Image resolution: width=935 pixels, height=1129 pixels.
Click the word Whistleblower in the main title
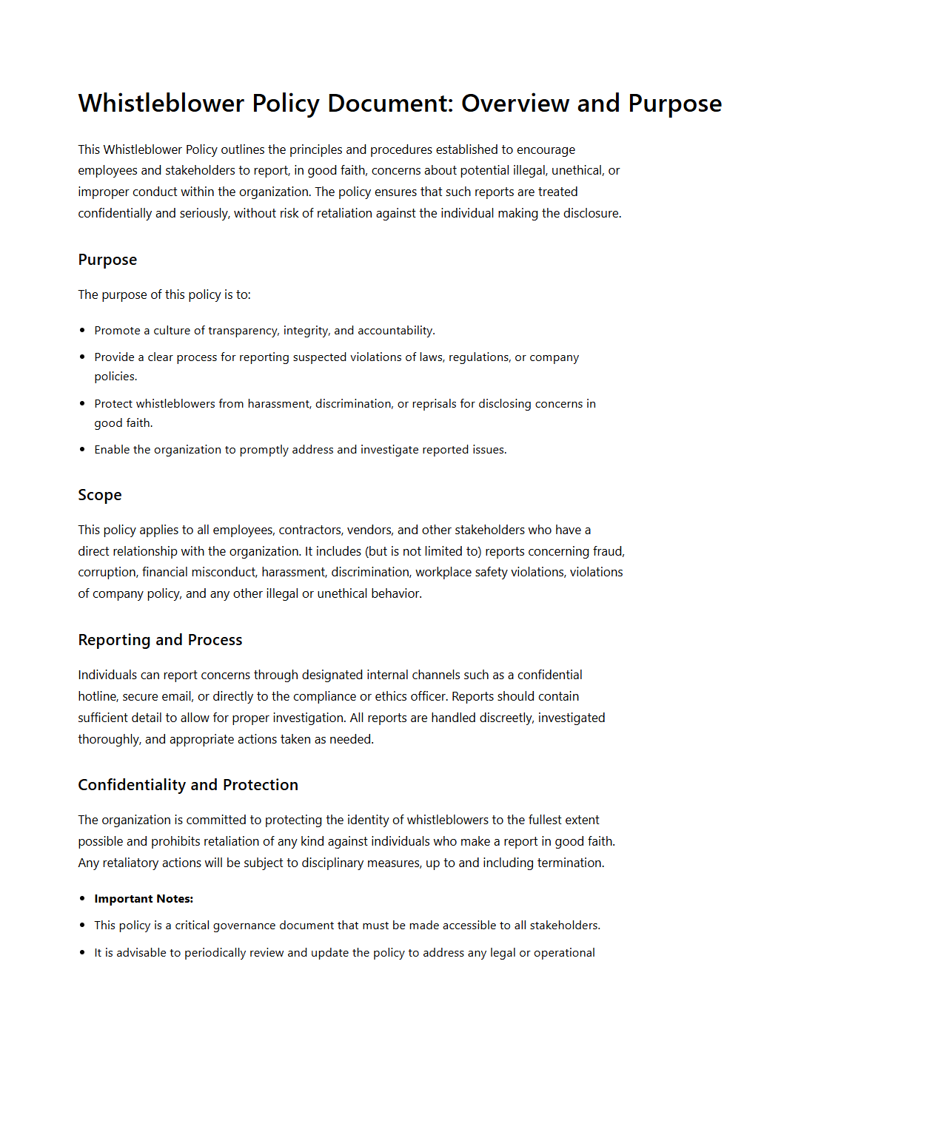point(161,104)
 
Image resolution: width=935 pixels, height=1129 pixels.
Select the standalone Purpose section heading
point(107,260)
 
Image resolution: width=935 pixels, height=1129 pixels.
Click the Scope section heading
point(100,495)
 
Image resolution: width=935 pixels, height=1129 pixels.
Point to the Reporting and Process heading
point(160,640)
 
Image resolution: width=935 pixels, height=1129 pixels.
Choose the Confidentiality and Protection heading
point(188,785)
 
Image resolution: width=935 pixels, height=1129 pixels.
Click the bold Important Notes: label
point(144,899)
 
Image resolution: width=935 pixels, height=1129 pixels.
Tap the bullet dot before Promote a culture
point(82,331)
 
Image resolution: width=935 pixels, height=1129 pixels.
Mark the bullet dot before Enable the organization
point(82,450)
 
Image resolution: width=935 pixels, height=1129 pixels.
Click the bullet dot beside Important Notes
point(82,899)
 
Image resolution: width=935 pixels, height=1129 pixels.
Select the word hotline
point(98,696)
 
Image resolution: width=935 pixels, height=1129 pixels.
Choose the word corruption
point(107,572)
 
